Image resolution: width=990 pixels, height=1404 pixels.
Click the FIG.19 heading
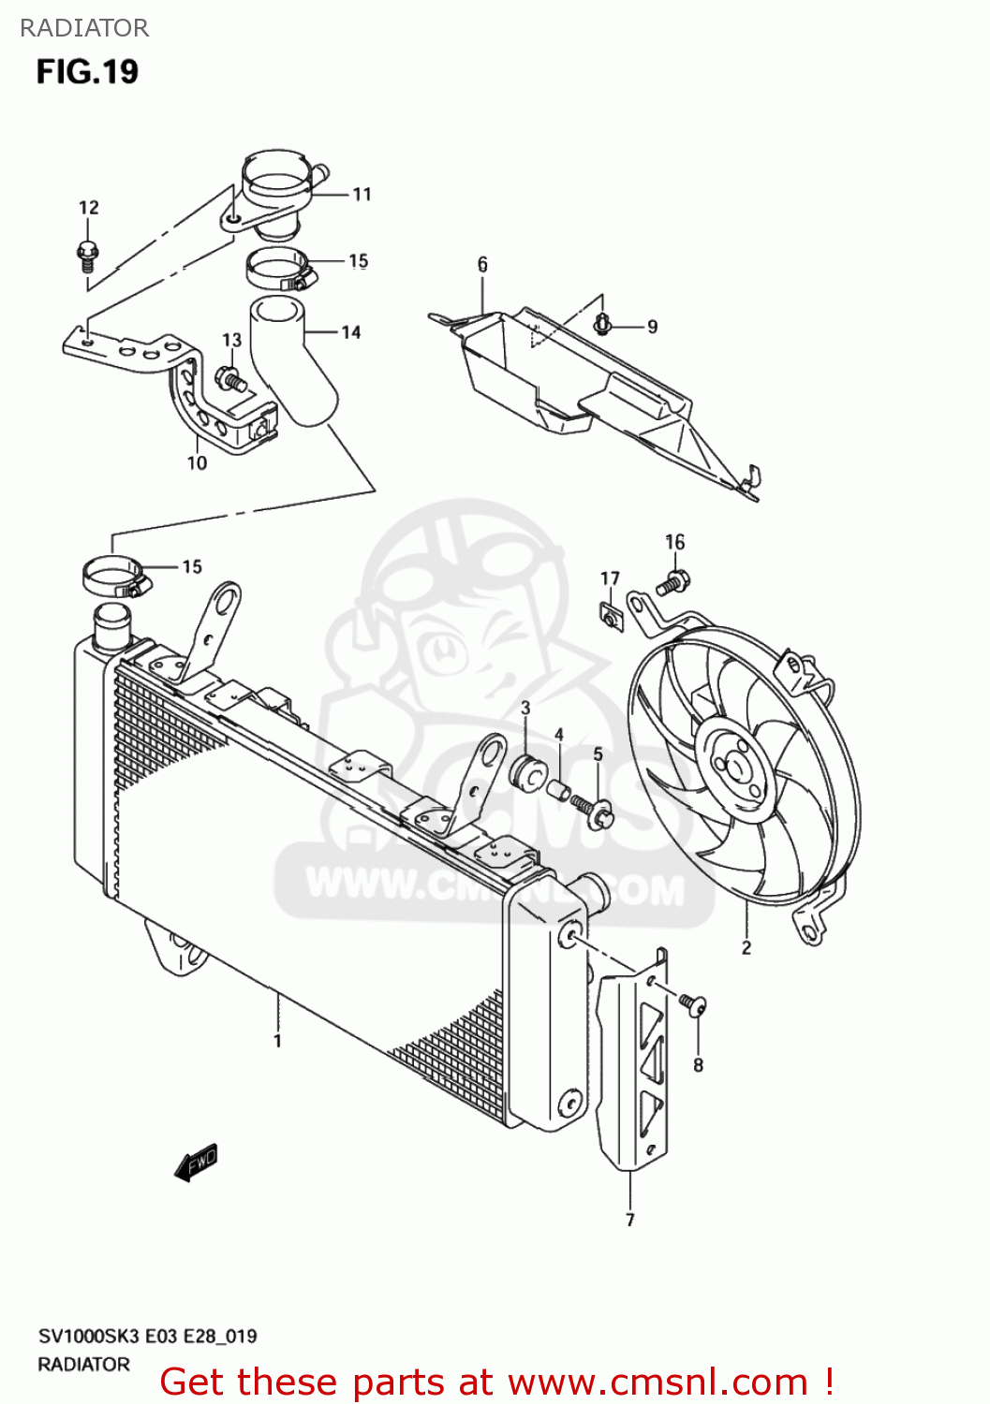(87, 72)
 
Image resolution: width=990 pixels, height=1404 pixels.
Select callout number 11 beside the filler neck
(362, 195)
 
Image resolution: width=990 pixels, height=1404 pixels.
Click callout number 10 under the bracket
(197, 463)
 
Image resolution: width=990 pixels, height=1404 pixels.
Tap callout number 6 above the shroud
(482, 265)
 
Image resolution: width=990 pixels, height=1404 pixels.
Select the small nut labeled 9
(602, 325)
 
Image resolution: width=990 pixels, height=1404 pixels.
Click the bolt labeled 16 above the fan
(673, 582)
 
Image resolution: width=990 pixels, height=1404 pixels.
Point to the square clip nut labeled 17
(612, 617)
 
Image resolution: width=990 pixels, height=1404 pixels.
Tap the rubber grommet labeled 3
(528, 771)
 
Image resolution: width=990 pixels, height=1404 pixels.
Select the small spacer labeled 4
(559, 791)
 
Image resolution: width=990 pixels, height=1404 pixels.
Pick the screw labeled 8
(694, 1005)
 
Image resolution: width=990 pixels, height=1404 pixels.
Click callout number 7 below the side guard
(630, 1220)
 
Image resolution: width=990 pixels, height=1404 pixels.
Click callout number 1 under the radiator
(277, 1041)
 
